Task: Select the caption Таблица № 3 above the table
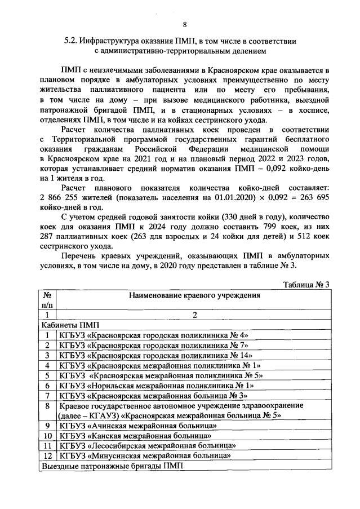pyautogui.click(x=308, y=284)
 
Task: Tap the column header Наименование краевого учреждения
pyautogui.click(x=194, y=294)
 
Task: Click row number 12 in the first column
pyautogui.click(x=48, y=456)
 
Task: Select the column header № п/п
pyautogui.click(x=48, y=299)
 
